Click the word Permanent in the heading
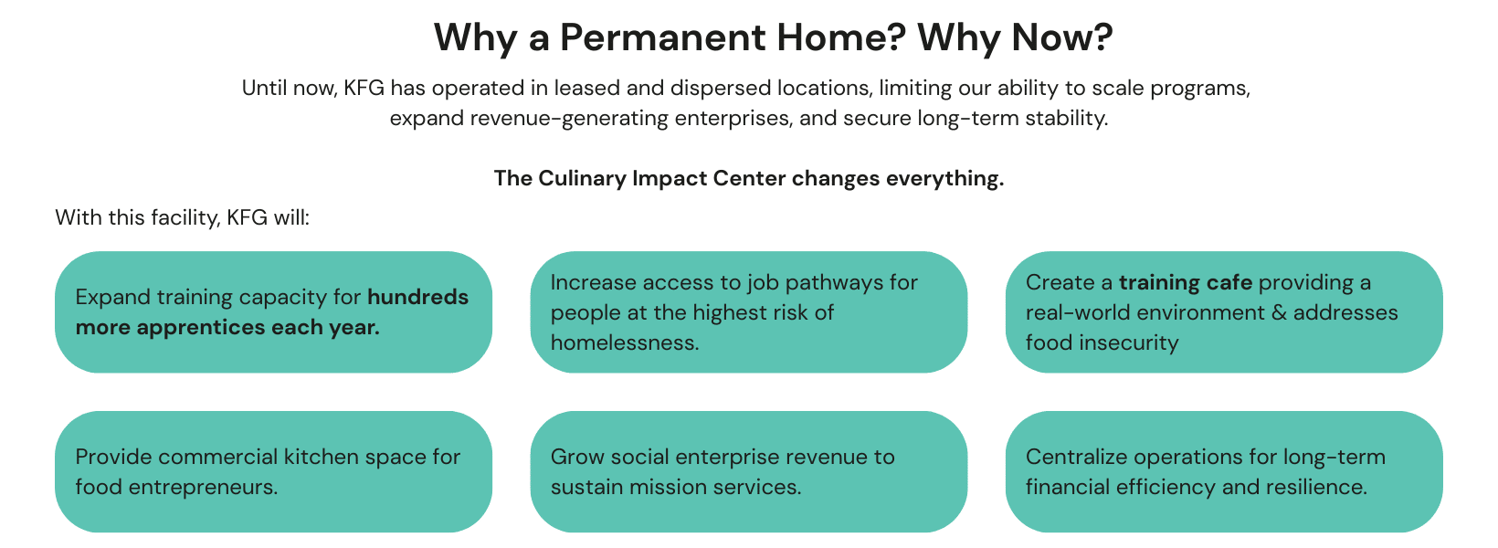(x=663, y=37)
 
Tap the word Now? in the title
(x=1062, y=37)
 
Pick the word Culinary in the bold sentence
(x=582, y=178)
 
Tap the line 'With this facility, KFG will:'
(x=183, y=218)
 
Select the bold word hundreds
(x=418, y=297)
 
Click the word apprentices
(x=201, y=328)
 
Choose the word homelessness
(x=625, y=342)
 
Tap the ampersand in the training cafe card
(x=1279, y=312)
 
